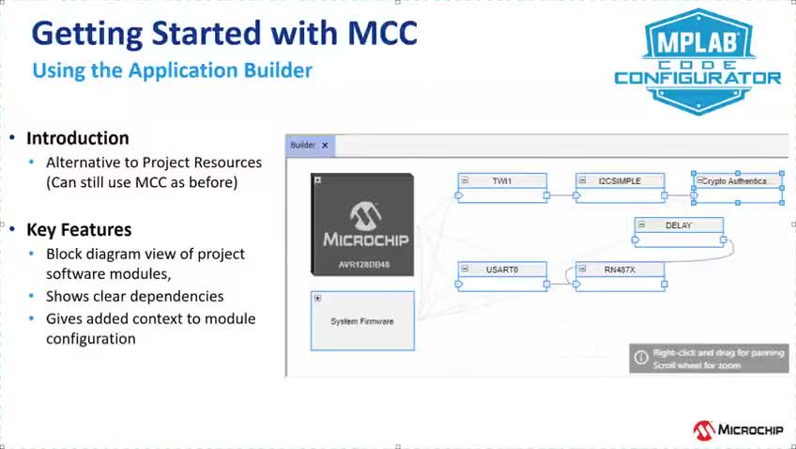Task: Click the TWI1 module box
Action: click(502, 188)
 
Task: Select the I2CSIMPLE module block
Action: click(620, 188)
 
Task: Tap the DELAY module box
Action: click(679, 232)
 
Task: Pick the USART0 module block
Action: click(502, 276)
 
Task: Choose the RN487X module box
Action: click(620, 276)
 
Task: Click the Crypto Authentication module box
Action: click(738, 188)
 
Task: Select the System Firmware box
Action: click(362, 320)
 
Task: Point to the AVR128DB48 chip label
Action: click(364, 265)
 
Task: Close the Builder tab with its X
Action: click(325, 146)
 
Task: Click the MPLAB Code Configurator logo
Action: click(698, 62)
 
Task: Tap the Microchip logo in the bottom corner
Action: click(738, 430)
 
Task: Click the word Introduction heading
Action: click(78, 138)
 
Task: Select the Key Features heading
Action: click(79, 229)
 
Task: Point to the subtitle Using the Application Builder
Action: click(172, 70)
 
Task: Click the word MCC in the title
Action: click(383, 34)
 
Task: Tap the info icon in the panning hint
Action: click(641, 358)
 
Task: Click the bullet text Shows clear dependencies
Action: click(134, 296)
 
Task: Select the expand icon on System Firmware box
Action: click(318, 298)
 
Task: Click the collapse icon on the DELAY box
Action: click(642, 224)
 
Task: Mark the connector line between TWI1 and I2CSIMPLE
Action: click(561, 195)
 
